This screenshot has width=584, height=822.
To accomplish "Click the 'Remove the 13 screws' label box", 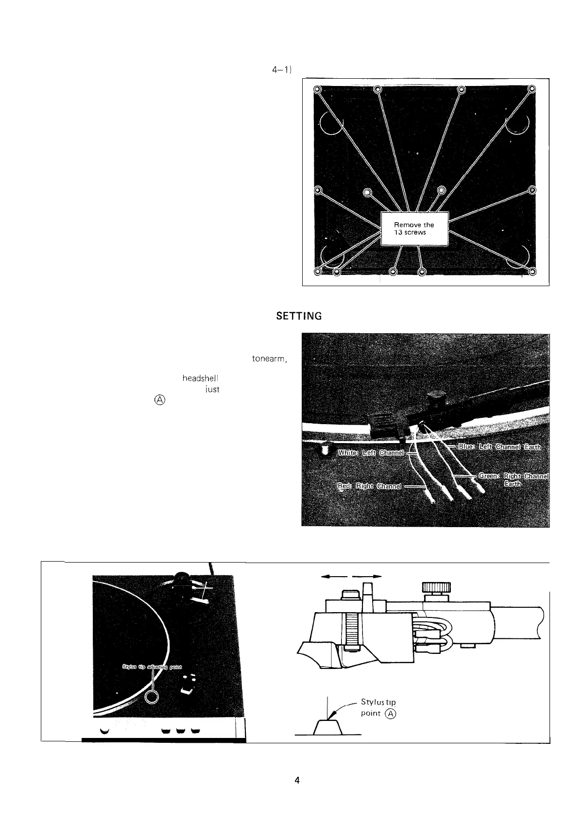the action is (414, 229).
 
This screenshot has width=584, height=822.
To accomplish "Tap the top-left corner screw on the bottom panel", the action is (317, 89).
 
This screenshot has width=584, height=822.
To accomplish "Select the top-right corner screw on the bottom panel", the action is (532, 89).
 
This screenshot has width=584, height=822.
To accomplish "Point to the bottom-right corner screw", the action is (532, 272).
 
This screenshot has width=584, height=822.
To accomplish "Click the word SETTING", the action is (299, 316).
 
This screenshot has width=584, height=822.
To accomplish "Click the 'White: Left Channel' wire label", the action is (371, 453).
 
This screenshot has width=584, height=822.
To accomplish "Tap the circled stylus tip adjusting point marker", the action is (153, 696).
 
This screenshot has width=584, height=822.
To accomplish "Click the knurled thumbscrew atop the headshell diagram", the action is (437, 587).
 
